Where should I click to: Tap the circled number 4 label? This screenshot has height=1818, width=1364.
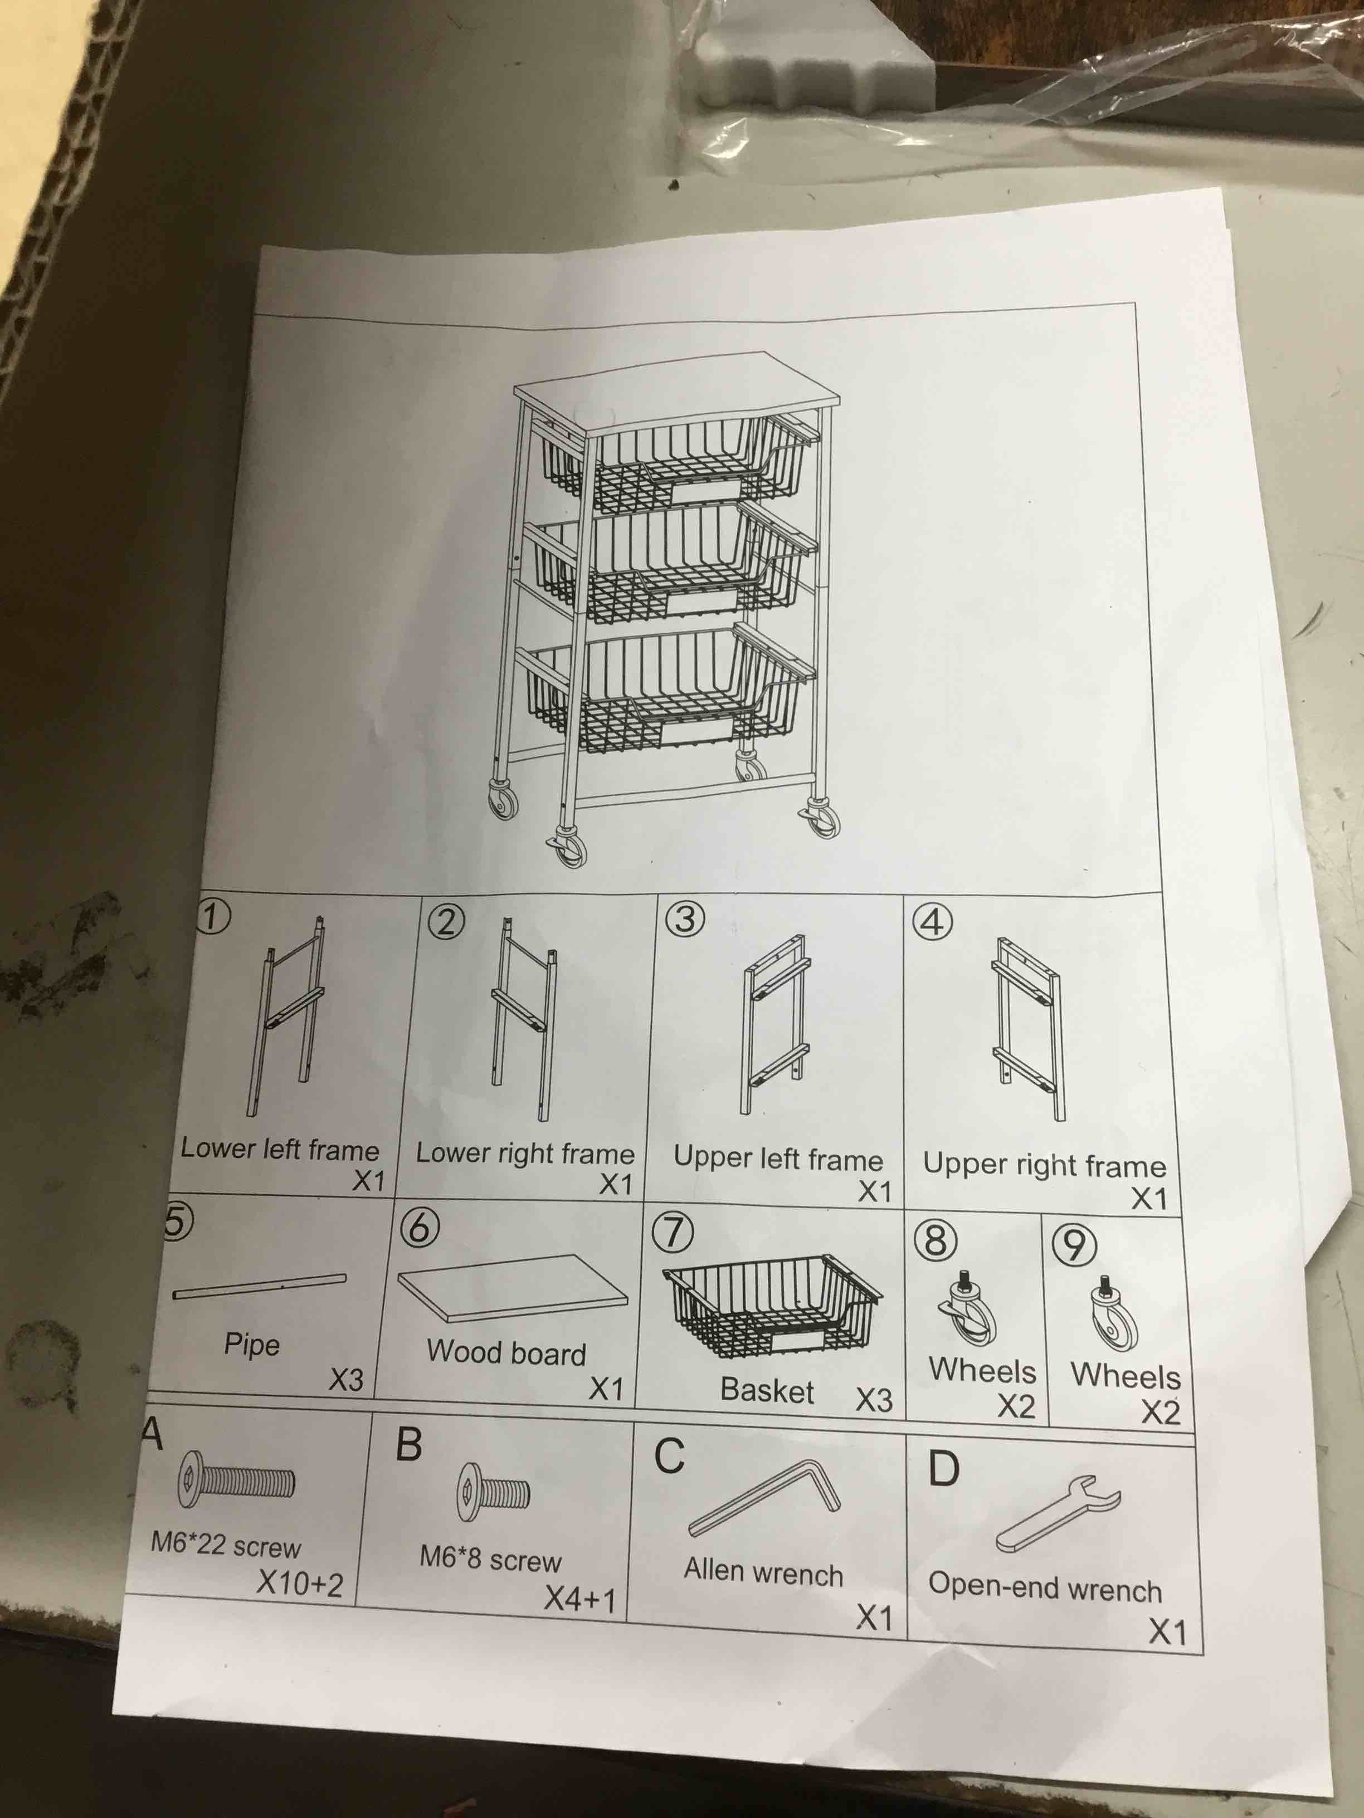(932, 922)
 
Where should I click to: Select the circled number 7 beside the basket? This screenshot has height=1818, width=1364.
(672, 1233)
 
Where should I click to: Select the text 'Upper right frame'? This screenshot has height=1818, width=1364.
(1044, 1165)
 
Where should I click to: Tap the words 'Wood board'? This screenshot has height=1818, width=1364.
(505, 1352)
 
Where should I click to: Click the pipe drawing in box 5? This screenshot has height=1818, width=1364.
(260, 1287)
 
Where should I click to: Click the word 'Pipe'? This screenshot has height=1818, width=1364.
(252, 1345)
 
